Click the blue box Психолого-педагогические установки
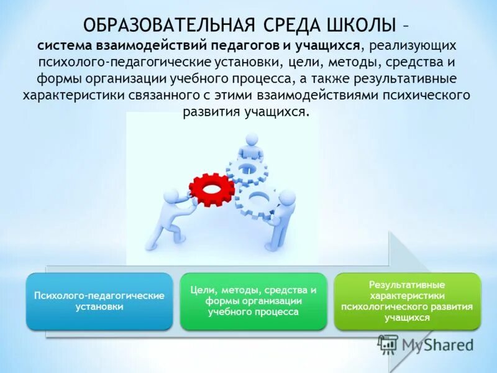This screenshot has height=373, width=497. click(99, 301)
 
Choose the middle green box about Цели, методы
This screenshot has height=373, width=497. click(253, 301)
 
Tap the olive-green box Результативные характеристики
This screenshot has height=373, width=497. click(407, 301)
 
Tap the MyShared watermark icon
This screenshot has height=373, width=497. click(388, 344)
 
